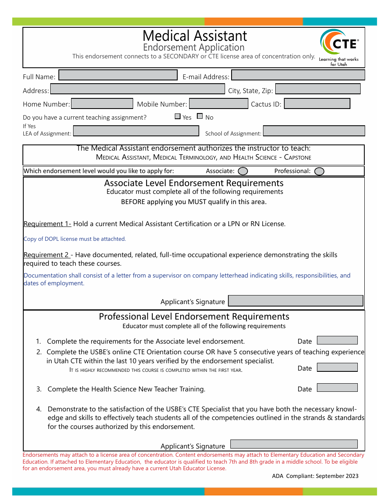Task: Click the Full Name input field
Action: point(118,75)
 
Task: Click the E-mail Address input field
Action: point(298,75)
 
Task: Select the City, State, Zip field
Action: point(318,89)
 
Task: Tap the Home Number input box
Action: point(102,104)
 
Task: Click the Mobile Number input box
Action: point(219,104)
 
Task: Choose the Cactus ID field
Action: point(317,104)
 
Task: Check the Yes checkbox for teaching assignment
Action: point(178,116)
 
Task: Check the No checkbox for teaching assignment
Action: point(200,116)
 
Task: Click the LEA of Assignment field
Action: point(136,131)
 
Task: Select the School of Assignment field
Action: point(314,131)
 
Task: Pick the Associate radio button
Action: point(243,171)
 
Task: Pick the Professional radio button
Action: point(319,171)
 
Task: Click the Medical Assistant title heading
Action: point(195,36)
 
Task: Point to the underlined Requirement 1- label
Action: point(47,224)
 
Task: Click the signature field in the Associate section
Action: point(295,301)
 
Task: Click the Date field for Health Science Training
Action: point(337,388)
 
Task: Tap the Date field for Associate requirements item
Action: point(337,340)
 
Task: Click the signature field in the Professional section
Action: point(294,444)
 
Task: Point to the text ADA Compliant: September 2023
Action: point(315,476)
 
